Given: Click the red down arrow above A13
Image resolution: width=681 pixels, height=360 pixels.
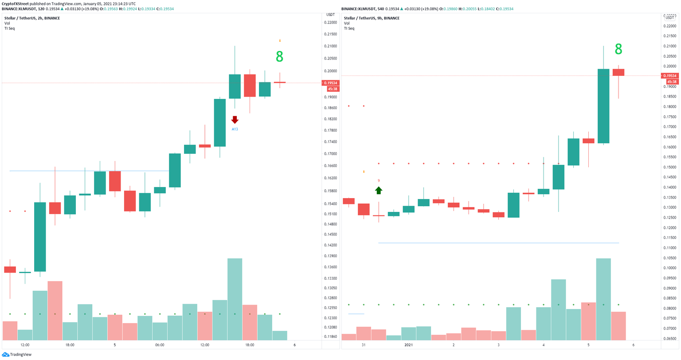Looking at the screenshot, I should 235,120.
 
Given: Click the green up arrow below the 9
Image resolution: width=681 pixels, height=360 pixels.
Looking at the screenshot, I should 379,190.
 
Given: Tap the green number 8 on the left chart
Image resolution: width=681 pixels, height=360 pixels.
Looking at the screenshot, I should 279,57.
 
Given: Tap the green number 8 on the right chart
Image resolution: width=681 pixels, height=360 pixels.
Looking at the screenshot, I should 618,49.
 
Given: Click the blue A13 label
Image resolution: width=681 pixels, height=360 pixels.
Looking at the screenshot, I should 235,129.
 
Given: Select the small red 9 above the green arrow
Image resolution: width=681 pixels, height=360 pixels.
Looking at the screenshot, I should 379,180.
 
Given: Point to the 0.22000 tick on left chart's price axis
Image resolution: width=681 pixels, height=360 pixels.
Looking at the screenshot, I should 330,23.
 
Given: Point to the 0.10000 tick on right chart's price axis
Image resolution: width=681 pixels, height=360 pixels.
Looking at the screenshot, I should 669,268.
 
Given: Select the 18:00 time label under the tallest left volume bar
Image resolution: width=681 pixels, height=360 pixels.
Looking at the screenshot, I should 250,345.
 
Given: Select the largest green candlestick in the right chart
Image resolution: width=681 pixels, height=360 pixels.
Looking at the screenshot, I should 603,106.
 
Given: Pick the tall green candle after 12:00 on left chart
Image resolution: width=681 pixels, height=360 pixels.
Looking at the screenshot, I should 40,237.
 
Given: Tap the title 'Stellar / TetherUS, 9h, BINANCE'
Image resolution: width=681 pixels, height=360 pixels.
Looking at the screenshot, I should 372,18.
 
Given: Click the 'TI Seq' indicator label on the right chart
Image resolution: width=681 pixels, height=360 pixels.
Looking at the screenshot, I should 349,28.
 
